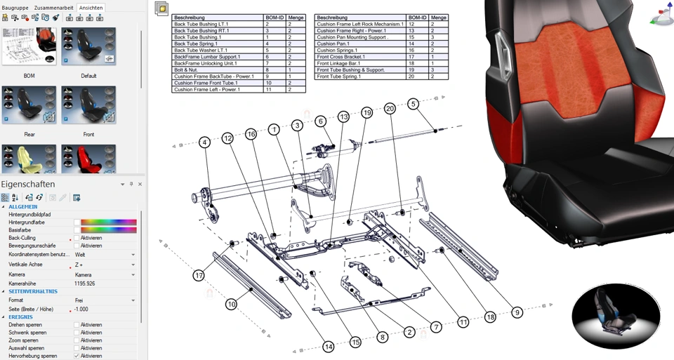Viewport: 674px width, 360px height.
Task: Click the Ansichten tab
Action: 91,8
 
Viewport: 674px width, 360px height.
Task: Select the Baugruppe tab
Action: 15,8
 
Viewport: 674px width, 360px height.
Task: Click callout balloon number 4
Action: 204,142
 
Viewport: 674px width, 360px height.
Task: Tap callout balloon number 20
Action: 390,108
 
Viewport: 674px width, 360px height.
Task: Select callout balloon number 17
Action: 199,276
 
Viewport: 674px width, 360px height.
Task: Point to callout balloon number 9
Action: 517,312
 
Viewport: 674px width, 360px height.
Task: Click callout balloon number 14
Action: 329,347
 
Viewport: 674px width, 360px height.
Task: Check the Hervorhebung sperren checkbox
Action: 77,356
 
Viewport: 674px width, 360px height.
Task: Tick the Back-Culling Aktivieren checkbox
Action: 77,238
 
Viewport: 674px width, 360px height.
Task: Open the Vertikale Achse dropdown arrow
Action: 133,265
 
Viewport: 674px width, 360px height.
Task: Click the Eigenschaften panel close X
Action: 140,184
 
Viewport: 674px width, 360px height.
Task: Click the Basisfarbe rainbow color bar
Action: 109,229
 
